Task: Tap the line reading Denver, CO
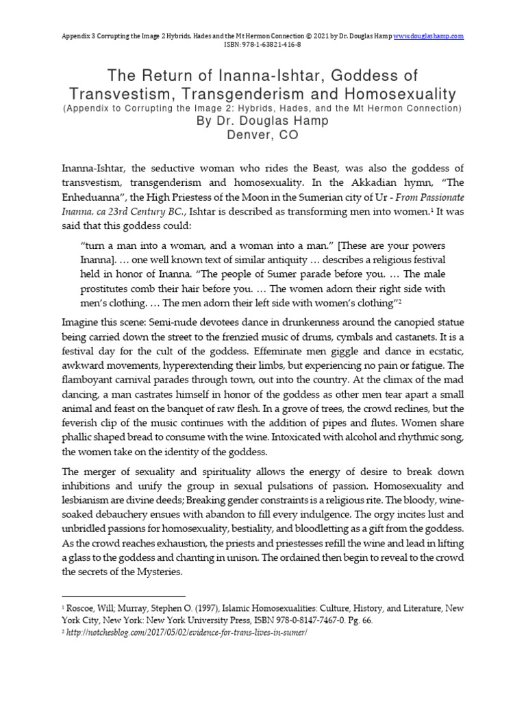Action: tap(263, 136)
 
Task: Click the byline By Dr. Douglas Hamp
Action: tap(263, 121)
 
